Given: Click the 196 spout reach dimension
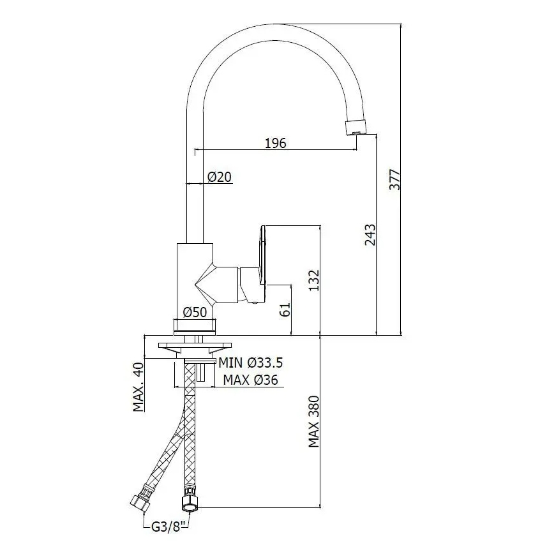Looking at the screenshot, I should tap(275, 143).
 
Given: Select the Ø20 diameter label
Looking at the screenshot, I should tap(219, 177).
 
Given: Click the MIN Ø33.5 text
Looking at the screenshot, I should tap(251, 363).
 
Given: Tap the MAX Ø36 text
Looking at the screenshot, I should tap(251, 380).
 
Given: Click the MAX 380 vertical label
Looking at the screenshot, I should tap(313, 422).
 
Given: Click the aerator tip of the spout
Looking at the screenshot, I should tap(356, 126).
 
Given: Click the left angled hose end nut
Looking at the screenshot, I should tap(140, 502).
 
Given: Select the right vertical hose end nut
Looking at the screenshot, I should tap(190, 500).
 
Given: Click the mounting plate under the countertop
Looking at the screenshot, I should tap(191, 347).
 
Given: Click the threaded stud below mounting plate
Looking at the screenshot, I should tap(202, 372).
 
